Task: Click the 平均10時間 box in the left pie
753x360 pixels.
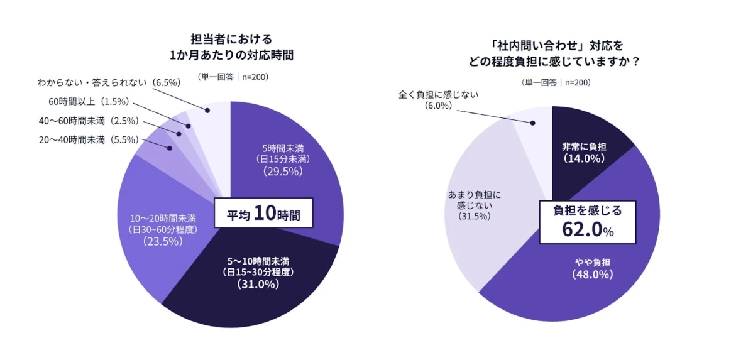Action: point(263,214)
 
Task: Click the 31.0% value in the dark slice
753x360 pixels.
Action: point(258,284)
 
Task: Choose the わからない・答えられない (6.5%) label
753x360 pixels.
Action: point(109,82)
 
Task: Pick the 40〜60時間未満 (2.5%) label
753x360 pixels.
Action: point(89,121)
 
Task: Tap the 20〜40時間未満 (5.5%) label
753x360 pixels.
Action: point(89,141)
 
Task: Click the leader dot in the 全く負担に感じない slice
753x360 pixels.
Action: point(534,123)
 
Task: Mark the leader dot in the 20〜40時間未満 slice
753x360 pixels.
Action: point(169,148)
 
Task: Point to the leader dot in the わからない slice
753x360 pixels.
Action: point(211,111)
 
